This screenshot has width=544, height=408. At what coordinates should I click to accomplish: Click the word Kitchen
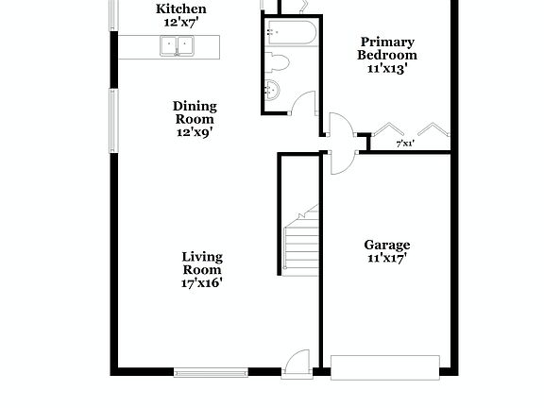click(180, 8)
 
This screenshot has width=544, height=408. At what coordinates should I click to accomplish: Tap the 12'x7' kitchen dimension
click(180, 22)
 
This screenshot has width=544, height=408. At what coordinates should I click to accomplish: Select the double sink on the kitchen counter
click(176, 44)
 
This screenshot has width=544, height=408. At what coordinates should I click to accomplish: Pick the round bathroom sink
click(273, 92)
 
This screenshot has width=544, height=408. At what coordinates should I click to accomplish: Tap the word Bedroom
click(387, 55)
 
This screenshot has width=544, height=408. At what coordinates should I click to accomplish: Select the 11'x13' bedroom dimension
click(387, 69)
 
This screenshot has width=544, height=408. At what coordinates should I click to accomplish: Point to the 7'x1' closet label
click(405, 144)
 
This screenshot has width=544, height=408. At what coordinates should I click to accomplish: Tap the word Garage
click(387, 245)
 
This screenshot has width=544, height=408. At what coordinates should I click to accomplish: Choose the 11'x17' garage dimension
click(387, 258)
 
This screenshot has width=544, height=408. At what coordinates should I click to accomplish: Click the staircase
click(301, 241)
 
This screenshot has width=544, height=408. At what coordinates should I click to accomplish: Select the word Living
click(202, 256)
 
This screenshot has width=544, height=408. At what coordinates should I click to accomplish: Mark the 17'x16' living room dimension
click(202, 281)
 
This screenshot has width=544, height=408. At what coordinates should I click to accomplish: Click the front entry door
click(298, 363)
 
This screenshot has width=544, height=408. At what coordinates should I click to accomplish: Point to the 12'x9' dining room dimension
click(195, 132)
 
